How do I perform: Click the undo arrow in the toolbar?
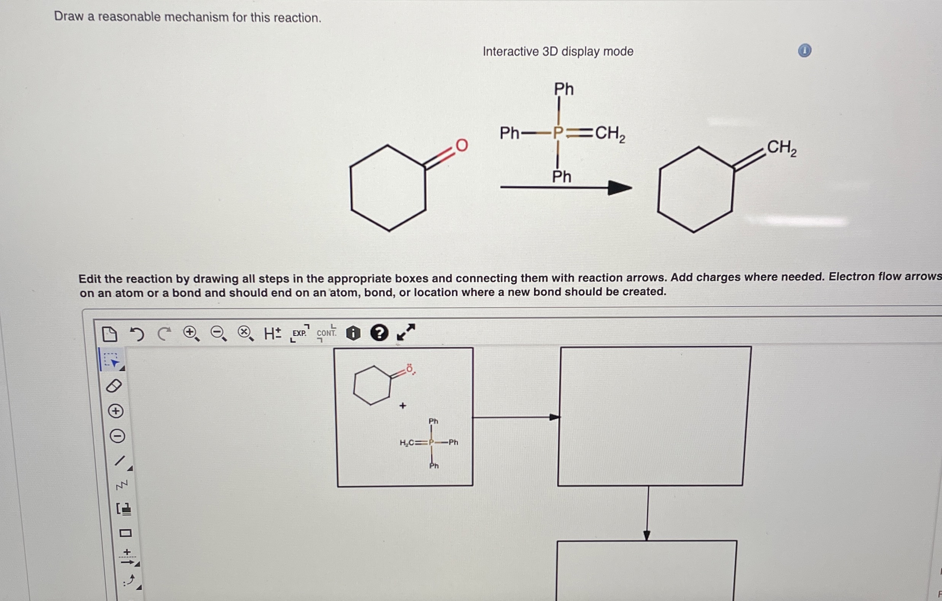pos(137,334)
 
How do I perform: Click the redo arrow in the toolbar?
pos(164,333)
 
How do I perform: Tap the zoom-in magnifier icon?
pos(191,333)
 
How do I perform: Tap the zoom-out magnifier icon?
pos(218,333)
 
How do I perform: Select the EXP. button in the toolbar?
pos(300,333)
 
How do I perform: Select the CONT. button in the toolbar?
pos(326,333)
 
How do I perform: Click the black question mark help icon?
pos(379,333)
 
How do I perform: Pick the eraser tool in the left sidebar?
pos(114,386)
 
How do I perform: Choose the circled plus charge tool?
pos(116,411)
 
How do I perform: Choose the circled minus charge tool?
pos(117,436)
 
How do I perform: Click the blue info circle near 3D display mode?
pos(804,51)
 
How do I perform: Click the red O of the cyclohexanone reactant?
pos(461,145)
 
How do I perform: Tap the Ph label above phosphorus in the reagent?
pos(564,89)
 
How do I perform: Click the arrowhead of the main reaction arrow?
pos(619,188)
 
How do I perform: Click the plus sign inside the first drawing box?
pos(402,405)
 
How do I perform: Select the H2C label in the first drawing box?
pos(407,443)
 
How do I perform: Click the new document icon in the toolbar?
pos(109,334)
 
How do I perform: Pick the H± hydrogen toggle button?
pos(272,333)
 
